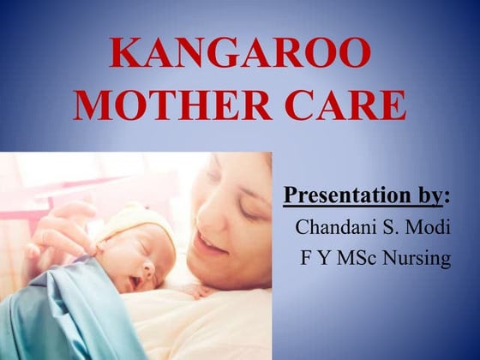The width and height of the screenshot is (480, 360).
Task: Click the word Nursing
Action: [x=420, y=258]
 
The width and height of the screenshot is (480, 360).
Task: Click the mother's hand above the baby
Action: [x=60, y=227]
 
